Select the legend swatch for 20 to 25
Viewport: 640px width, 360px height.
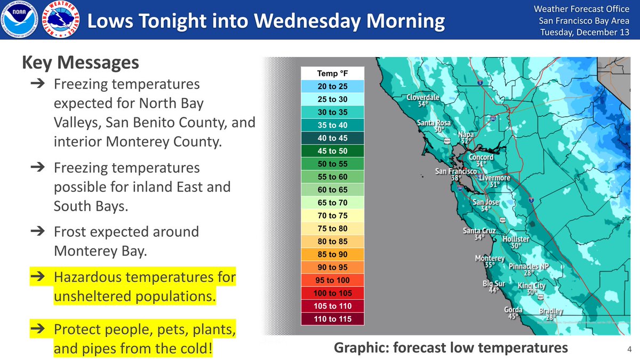pyautogui.click(x=332, y=86)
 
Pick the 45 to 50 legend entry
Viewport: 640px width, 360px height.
pyautogui.click(x=332, y=151)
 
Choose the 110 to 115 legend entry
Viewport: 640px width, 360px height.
pyautogui.click(x=332, y=319)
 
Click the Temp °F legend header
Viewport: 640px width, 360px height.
pyautogui.click(x=332, y=73)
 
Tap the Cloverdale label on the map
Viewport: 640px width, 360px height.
pyautogui.click(x=423, y=98)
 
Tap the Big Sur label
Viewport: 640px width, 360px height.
pyautogui.click(x=494, y=283)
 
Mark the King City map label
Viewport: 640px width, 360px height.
pyautogui.click(x=531, y=285)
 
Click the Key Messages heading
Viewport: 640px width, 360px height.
pyautogui.click(x=81, y=63)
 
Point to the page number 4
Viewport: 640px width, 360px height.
pyautogui.click(x=629, y=349)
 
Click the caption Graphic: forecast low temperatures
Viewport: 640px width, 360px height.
pyautogui.click(x=451, y=348)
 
